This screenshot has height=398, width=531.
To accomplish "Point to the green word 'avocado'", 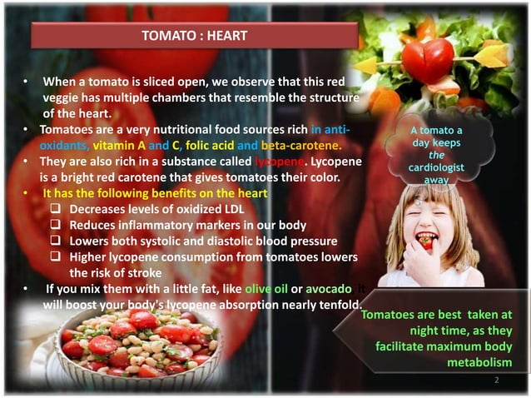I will [329, 289].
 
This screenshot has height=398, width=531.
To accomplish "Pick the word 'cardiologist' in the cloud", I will [443, 167].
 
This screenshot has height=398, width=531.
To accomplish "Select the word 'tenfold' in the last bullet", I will [336, 305].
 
